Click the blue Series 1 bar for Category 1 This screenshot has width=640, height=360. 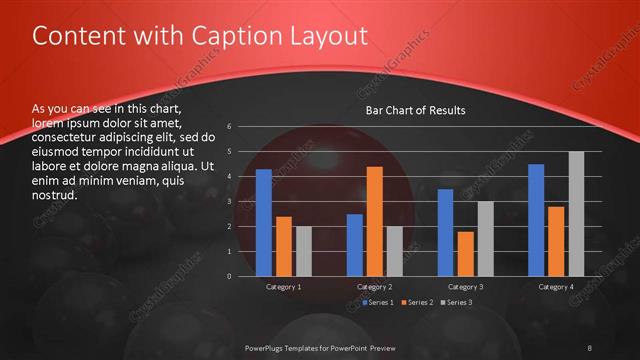click(264, 222)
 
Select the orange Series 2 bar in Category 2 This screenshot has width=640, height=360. click(375, 221)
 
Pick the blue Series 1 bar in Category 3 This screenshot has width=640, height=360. click(445, 232)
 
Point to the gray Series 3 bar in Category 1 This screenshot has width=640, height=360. click(304, 251)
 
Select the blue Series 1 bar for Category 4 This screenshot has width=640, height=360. click(536, 220)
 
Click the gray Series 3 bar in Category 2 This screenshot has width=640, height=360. click(395, 251)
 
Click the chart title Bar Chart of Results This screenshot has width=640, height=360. click(415, 110)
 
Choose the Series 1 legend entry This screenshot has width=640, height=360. click(379, 302)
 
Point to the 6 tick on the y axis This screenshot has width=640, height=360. click(230, 127)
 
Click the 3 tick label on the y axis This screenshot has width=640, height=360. click(230, 202)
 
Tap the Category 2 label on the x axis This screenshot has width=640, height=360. click(375, 287)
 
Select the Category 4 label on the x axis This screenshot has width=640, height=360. click(556, 287)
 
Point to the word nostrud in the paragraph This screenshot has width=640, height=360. click(55, 194)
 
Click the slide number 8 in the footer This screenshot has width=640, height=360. click(590, 347)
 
